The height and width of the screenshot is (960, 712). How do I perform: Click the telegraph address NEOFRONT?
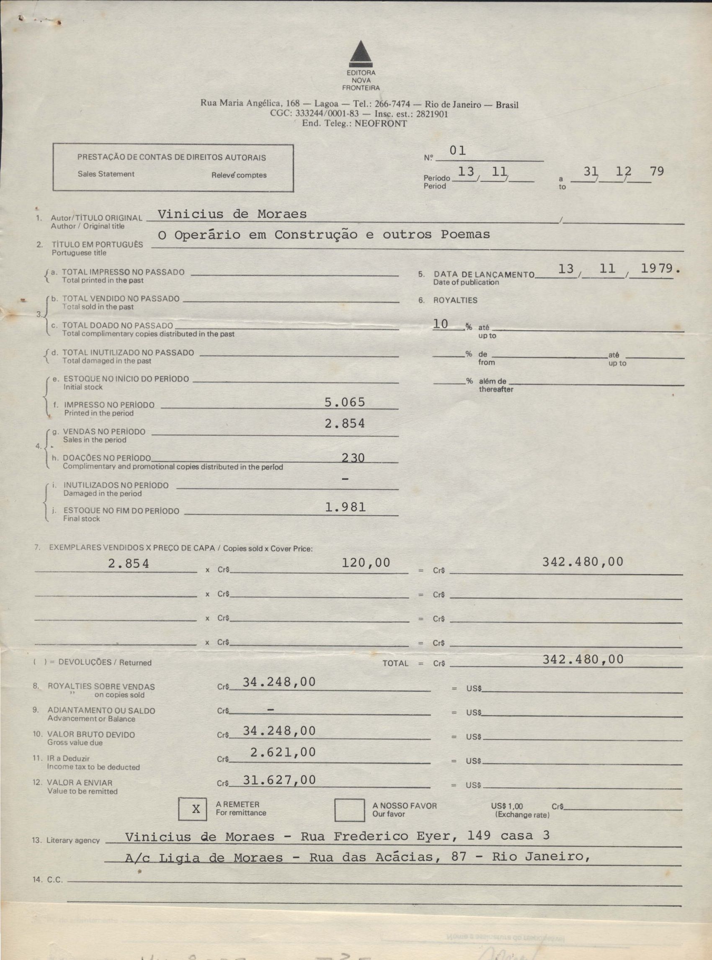pos(381,124)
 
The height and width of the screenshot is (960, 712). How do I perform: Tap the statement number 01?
pos(457,151)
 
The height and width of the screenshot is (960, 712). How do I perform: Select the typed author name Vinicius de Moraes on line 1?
pos(232,214)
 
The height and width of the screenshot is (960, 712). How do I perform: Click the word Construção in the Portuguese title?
pos(316,235)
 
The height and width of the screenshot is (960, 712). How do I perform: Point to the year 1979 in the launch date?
pos(656,268)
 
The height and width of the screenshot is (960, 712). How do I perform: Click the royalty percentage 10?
pos(441,324)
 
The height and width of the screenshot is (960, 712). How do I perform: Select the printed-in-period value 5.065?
pos(344,402)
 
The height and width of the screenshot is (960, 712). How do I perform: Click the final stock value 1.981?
pos(345,507)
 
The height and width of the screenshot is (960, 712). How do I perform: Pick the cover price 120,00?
pos(366,562)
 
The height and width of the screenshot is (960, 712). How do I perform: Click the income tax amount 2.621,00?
pos(283,752)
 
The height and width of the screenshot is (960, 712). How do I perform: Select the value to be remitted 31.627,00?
pos(279,780)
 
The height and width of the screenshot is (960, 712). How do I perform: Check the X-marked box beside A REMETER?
pos(196,810)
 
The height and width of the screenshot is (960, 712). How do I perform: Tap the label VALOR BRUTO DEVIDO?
pos(91,735)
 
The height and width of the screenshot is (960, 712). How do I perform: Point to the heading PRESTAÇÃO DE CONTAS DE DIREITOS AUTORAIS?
pos(172,157)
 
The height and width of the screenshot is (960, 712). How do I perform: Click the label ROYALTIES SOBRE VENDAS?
pos(101,686)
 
